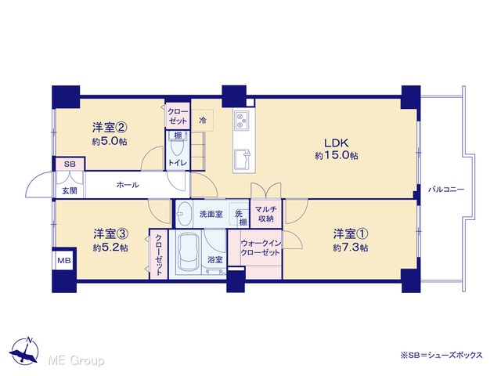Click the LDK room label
tap(337, 143)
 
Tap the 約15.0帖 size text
tap(337, 156)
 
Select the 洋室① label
tap(351, 234)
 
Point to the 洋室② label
tap(110, 128)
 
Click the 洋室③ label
tap(111, 234)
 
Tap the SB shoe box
tap(70, 164)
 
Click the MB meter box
tap(64, 260)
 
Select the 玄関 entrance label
tap(70, 191)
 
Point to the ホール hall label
tap(128, 185)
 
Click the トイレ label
tap(178, 163)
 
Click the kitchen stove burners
tap(241, 120)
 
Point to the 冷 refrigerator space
tap(203, 120)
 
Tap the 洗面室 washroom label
tap(211, 214)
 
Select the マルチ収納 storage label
tap(266, 214)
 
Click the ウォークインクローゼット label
tap(261, 248)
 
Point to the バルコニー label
tap(446, 190)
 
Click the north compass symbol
tap(24, 350)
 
